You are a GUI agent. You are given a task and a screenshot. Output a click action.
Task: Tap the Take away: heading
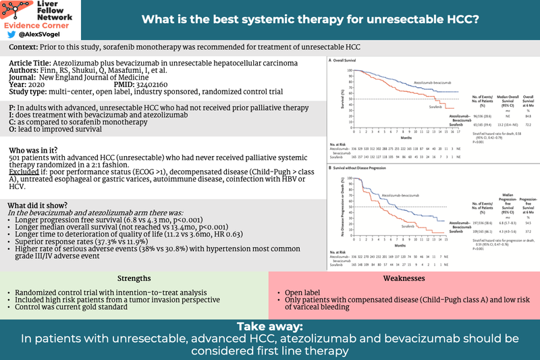270,326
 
